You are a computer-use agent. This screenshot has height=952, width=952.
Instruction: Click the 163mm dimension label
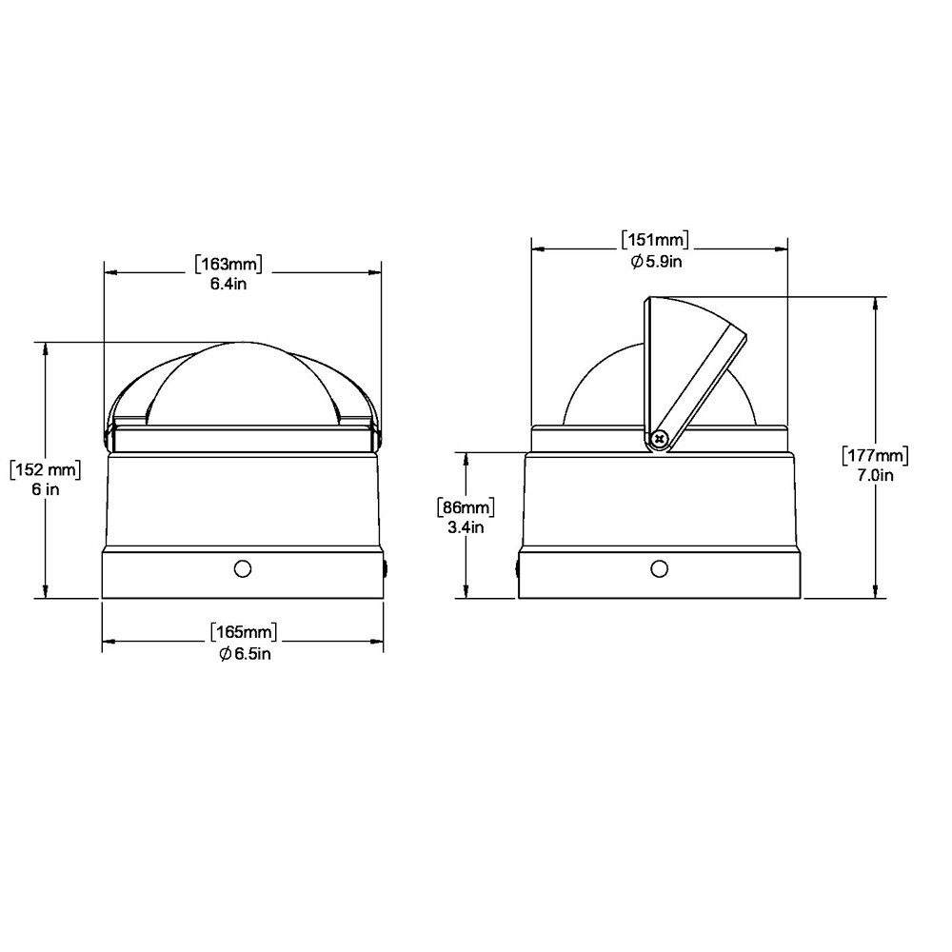pos(228,264)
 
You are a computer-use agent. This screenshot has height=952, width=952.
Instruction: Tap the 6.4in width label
pos(228,284)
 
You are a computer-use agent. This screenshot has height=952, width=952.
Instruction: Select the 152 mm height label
pos(46,469)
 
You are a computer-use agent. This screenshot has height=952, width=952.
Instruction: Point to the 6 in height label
pos(46,488)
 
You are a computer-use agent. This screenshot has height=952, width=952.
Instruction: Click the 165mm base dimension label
pos(244,632)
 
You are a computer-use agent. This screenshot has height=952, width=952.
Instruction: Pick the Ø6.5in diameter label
pos(246,654)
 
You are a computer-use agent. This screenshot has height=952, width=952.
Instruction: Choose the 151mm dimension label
pos(655,239)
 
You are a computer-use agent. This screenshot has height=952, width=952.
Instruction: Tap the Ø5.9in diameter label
pos(656,261)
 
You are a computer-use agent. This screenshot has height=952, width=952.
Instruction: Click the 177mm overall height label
pos(875,455)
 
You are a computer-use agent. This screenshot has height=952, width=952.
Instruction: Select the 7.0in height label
pos(875,475)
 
